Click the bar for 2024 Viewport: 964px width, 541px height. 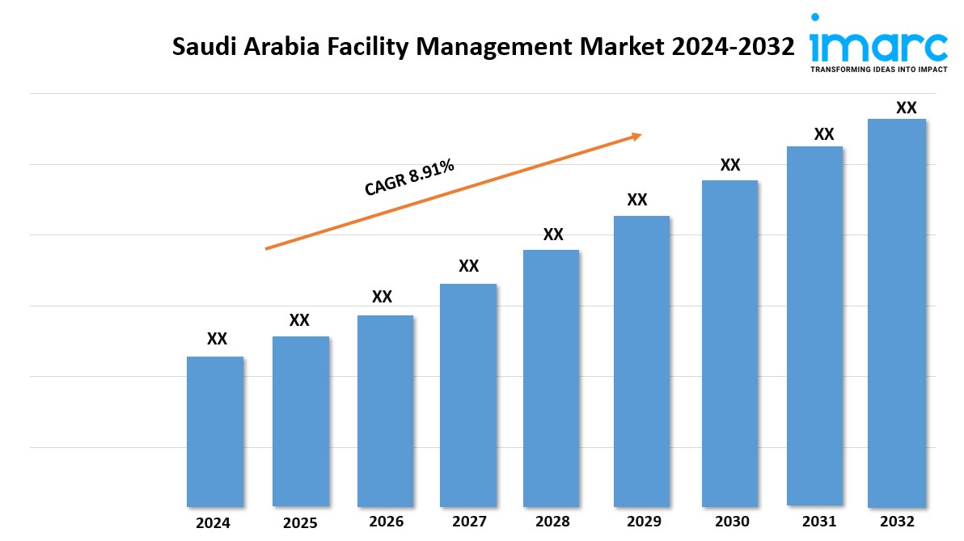(215, 431)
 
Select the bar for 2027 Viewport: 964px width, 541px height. (468, 395)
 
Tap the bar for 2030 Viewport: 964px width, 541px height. (729, 343)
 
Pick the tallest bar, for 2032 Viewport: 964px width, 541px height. (896, 312)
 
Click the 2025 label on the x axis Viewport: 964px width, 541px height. (301, 522)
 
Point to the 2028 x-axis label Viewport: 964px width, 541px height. (552, 522)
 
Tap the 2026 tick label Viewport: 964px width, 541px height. (386, 522)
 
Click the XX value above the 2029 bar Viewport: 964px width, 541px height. (637, 200)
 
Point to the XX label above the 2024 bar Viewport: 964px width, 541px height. (217, 339)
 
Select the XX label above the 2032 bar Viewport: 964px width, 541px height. (907, 108)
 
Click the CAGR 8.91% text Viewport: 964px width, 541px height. (409, 178)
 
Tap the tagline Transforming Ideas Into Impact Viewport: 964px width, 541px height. (878, 70)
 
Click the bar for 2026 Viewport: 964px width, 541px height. (385, 411)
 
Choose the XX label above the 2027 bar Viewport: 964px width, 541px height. (469, 266)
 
